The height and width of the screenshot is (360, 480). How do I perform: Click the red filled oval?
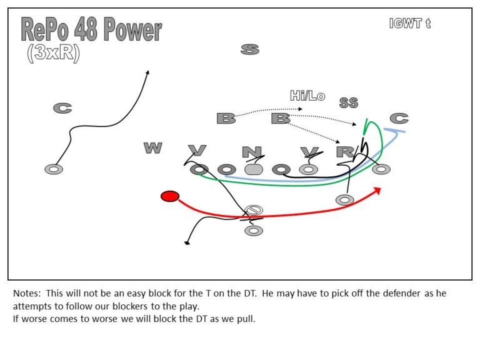coord(169,196)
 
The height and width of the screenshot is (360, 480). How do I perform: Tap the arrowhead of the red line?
coord(377,189)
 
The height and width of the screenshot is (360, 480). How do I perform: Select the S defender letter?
coord(250,49)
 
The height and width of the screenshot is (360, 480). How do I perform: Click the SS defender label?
coord(349,102)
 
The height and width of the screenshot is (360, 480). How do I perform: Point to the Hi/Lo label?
coord(307,96)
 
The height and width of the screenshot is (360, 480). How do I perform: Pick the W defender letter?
coord(152,148)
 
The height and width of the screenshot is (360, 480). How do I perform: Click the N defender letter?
coord(251,152)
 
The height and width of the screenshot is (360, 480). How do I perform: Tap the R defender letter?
coord(344,151)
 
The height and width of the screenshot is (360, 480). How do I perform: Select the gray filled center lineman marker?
coord(253,169)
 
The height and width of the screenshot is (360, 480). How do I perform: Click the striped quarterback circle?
coord(253,210)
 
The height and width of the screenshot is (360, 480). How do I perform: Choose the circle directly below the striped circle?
coord(253,231)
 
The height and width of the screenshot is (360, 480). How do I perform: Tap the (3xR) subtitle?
coord(53,54)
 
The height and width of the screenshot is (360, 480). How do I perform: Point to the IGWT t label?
coord(409,24)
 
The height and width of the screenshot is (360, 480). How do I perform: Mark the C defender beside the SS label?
coord(399,118)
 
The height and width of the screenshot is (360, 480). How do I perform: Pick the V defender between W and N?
coord(197,151)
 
